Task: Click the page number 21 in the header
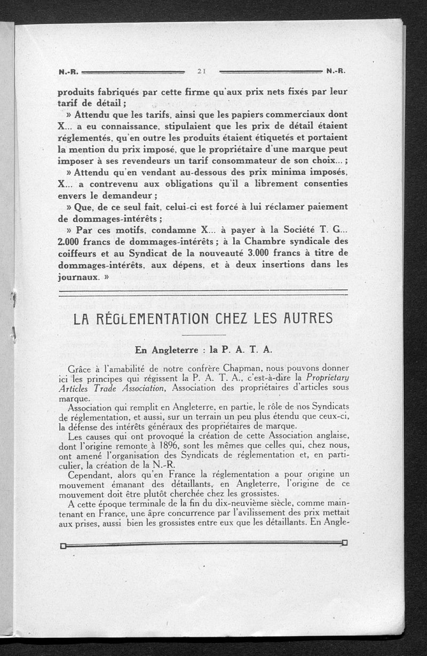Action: pos(202,70)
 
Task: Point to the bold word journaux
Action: pos(78,276)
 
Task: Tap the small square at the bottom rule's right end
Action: pos(344,543)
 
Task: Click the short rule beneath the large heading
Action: pos(203,335)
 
